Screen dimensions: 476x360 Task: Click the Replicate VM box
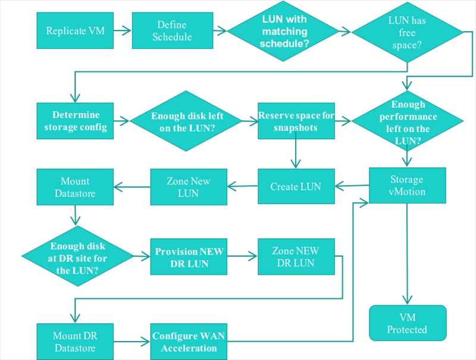[75, 31]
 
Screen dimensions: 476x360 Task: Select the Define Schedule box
[173, 31]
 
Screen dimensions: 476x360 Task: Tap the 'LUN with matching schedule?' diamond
[283, 32]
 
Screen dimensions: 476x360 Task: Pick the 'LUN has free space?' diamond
[407, 32]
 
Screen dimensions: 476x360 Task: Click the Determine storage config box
[75, 121]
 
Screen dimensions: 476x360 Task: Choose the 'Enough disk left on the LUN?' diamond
[186, 121]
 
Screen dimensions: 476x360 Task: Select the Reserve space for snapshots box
[296, 121]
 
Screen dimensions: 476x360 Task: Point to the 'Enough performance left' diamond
[407, 121]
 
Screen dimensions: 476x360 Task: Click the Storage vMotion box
[408, 186]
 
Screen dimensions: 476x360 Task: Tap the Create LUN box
[296, 186]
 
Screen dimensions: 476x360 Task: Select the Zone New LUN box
[189, 187]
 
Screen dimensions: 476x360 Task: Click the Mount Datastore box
[75, 187]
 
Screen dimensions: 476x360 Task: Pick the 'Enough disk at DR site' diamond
[78, 256]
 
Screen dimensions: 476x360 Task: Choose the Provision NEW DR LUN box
[189, 257]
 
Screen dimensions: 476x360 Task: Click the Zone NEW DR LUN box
[296, 257]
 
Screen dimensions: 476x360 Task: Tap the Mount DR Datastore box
[75, 342]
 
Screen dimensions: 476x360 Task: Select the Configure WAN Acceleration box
[189, 342]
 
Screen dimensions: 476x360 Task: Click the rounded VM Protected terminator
[408, 323]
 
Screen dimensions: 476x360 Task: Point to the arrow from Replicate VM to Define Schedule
[123, 30]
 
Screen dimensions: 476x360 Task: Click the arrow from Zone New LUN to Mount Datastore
[132, 187]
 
